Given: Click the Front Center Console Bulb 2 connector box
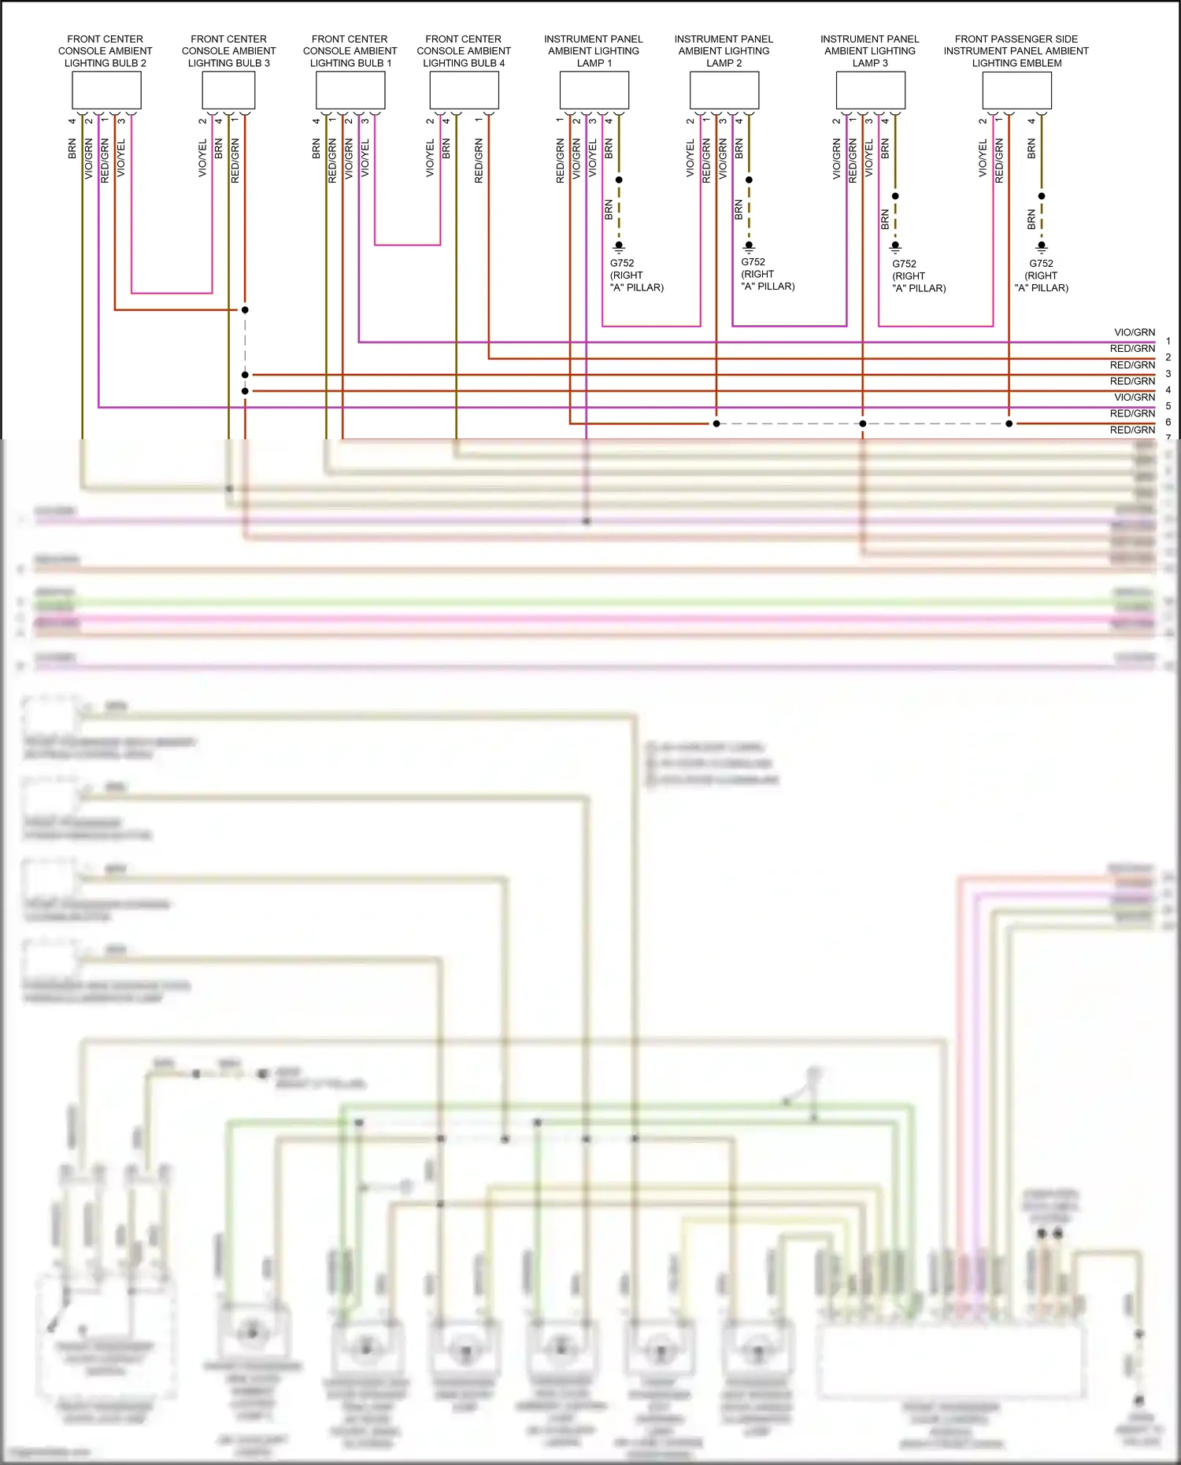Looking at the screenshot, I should coord(106,90).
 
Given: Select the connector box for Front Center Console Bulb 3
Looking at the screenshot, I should coord(228,90).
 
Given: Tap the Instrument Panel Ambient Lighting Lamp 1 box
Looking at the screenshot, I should coord(594,90).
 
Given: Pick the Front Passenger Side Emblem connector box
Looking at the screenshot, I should coord(1016,90).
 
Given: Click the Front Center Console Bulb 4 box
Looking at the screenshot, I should coord(464,90).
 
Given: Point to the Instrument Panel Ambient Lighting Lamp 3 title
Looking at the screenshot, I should coord(869,50).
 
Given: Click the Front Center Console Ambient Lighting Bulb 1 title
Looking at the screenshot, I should coord(350,50).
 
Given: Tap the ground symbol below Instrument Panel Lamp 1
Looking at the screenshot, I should coord(619,246).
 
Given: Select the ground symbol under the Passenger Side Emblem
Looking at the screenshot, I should coord(1042,246).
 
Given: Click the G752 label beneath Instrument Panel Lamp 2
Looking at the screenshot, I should coord(753,262).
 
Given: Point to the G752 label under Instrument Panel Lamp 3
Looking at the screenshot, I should coord(904,264).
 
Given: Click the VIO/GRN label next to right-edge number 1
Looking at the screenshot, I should coord(1135,332).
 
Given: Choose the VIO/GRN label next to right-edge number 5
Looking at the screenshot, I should coord(1135,398).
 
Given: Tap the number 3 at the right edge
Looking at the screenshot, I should coord(1168,374).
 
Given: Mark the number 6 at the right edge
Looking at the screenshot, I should coord(1168,422).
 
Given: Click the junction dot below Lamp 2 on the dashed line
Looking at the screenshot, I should coord(716,424).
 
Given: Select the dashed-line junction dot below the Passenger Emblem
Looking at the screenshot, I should coord(1009,424).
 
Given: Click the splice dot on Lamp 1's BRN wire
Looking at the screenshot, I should coord(619,179).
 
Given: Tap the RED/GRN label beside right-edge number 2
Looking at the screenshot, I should coord(1132,349).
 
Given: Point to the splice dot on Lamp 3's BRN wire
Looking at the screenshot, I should coord(895,196).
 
